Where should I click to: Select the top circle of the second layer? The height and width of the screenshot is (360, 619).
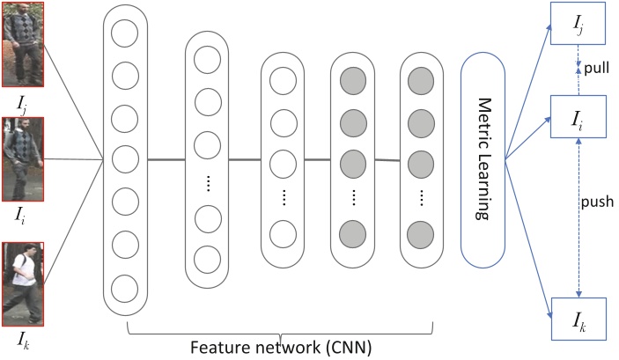click(206, 60)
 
